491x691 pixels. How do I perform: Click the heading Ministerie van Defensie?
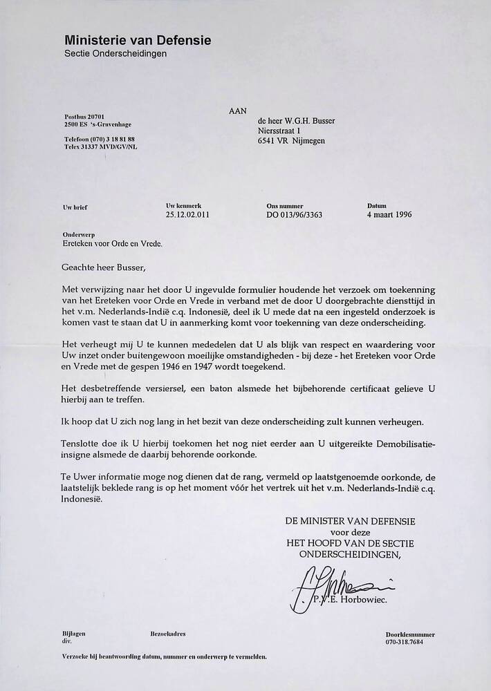coord(138,41)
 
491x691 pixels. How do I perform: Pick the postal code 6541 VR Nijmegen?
coord(290,142)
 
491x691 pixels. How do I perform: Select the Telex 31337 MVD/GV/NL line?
coord(100,146)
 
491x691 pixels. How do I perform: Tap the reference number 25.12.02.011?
coord(187,215)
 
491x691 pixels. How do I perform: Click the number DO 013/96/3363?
coord(294,215)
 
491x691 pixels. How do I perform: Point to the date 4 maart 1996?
coord(389,215)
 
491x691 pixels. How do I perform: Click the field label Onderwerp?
coord(79,234)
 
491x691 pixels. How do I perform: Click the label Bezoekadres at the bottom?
coord(167,633)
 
